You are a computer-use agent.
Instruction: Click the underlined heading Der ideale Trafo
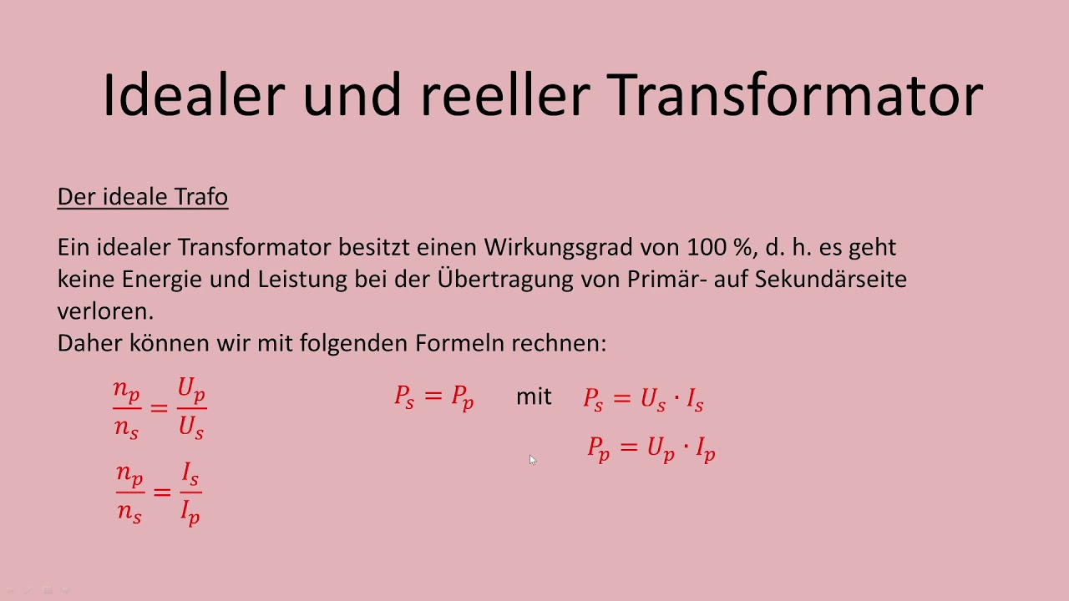point(142,197)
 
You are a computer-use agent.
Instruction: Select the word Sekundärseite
point(830,279)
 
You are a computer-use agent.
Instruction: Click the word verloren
point(105,311)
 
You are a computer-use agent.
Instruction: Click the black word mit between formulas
point(534,396)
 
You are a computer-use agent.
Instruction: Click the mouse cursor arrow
point(532,459)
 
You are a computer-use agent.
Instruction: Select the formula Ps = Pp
point(434,397)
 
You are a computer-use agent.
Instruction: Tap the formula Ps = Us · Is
point(643,400)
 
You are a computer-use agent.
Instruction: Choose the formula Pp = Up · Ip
point(651,449)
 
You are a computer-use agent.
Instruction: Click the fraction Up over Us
point(191,408)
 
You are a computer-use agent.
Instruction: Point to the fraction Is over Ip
point(190,492)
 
